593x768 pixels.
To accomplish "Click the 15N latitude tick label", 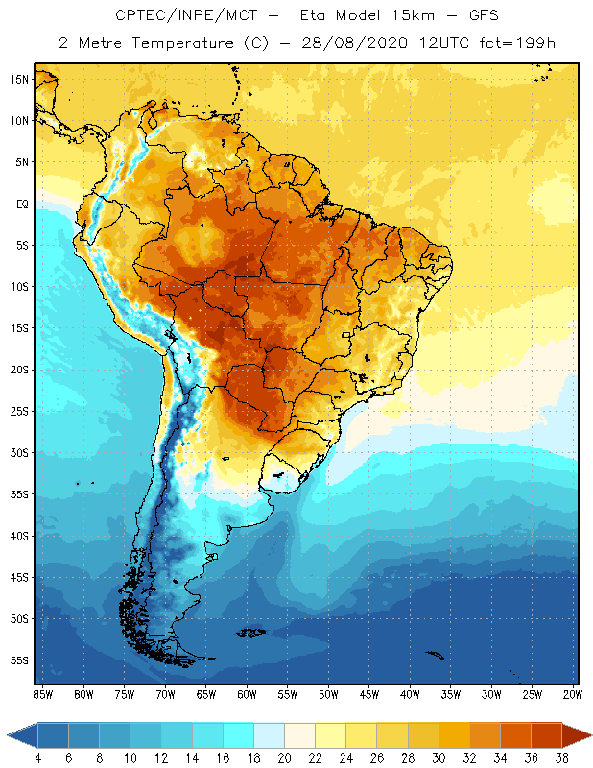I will pyautogui.click(x=18, y=79).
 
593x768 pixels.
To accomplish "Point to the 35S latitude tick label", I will pyautogui.click(x=18, y=494).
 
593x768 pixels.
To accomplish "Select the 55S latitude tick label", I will pyautogui.click(x=18, y=660).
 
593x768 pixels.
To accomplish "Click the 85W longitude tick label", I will pyautogui.click(x=42, y=693).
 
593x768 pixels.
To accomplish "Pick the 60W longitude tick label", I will pyautogui.click(x=247, y=693).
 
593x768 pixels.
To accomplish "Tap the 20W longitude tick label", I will pyautogui.click(x=573, y=693).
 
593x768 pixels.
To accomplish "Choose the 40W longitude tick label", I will pyautogui.click(x=410, y=693).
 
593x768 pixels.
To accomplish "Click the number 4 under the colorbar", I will pyautogui.click(x=38, y=757).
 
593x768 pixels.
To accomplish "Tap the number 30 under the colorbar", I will pyautogui.click(x=438, y=757).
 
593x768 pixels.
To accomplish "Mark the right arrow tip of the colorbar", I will pyautogui.click(x=588, y=735).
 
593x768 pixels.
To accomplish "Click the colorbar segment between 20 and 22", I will pyautogui.click(x=299, y=735).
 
